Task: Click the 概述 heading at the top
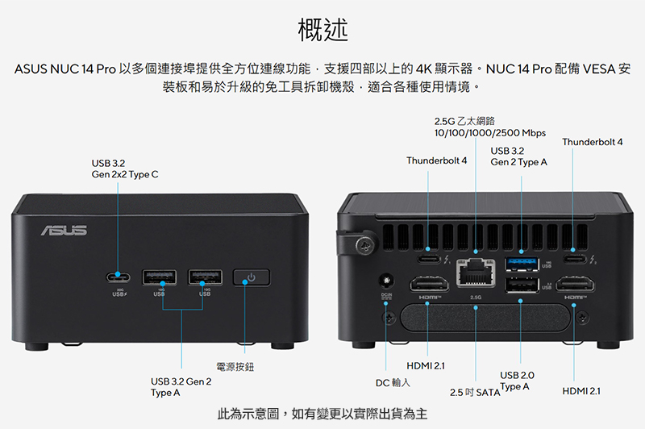click(323, 30)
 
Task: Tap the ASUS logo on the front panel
click(64, 231)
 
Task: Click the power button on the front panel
click(252, 277)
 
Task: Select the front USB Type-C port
click(119, 277)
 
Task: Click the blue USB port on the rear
click(522, 264)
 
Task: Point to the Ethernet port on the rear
click(476, 272)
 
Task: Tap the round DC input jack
click(386, 281)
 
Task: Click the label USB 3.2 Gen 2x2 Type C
click(125, 169)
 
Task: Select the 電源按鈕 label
click(235, 366)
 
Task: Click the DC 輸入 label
click(393, 383)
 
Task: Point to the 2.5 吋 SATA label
click(475, 393)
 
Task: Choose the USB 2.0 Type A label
click(517, 381)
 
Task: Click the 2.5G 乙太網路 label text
click(465, 121)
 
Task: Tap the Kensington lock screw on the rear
click(365, 246)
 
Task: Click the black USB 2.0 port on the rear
click(522, 285)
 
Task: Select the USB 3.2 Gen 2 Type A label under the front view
click(181, 387)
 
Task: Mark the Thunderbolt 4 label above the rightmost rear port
click(593, 142)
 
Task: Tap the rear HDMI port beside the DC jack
click(429, 284)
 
